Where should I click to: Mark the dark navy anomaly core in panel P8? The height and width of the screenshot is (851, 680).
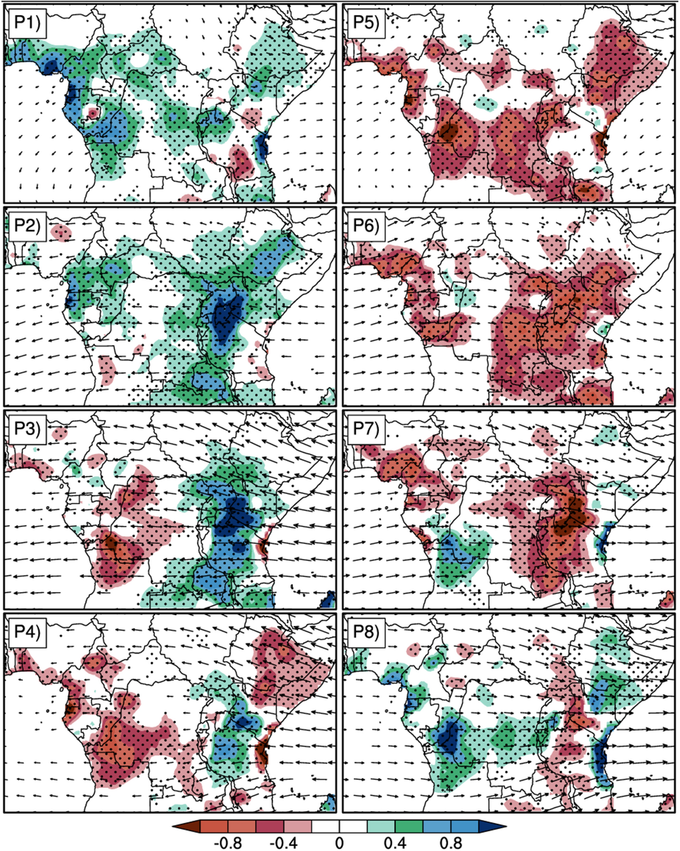[449, 740]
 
